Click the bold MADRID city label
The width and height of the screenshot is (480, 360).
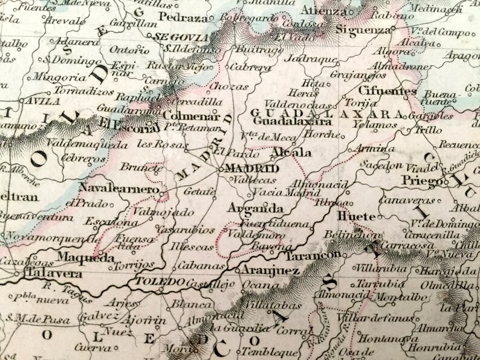(x=251, y=169)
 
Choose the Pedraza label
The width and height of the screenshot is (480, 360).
(x=175, y=16)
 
